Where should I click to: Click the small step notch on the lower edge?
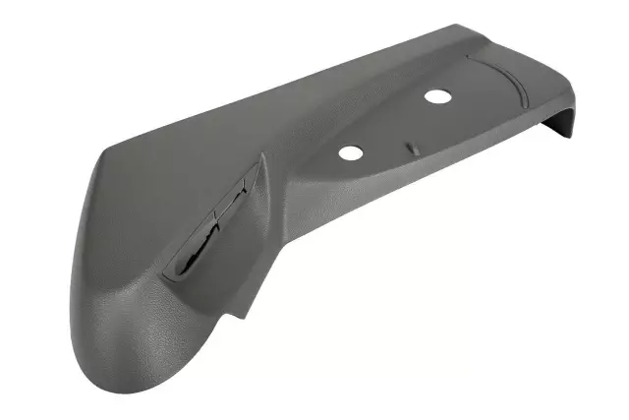pos(236,317)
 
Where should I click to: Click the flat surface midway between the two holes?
pos(391,125)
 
